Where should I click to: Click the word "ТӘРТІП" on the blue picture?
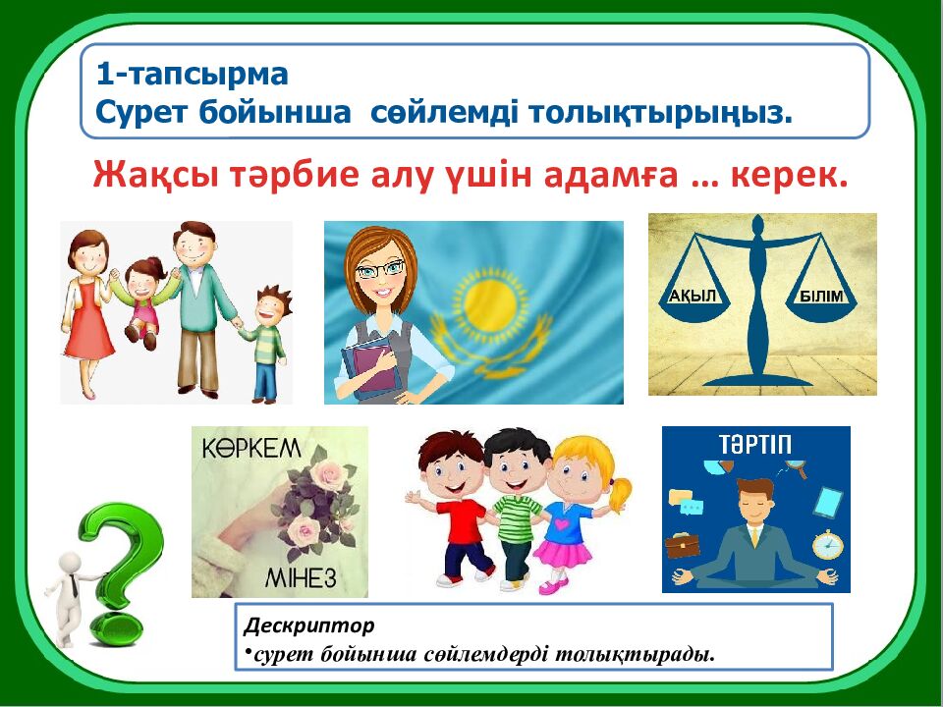(755, 444)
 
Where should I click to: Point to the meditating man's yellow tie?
(754, 535)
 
